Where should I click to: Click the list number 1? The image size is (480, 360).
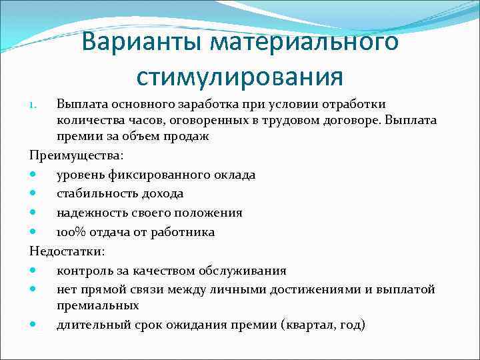[x=37, y=105]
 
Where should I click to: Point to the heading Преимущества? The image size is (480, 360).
[x=67, y=155]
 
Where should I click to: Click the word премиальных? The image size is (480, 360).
[x=97, y=305]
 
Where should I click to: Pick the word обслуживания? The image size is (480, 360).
[x=243, y=271]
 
